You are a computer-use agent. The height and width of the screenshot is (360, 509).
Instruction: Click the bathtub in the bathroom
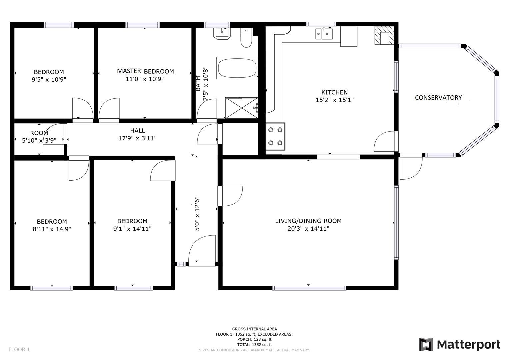tap(237, 68)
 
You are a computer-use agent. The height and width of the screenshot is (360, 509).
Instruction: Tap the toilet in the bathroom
tap(247, 39)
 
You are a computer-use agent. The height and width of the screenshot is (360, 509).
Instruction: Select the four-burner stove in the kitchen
tap(275, 136)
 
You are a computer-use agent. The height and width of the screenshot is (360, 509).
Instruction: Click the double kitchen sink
tap(324, 33)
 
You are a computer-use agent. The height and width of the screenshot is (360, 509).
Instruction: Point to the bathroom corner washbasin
tap(222, 33)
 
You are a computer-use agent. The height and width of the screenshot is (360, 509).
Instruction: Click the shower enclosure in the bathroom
tap(242, 108)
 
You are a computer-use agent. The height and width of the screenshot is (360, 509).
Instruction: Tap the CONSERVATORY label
tap(438, 98)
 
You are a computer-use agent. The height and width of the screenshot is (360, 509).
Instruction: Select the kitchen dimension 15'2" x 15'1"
tap(334, 100)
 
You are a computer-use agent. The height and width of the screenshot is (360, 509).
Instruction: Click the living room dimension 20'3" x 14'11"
tap(308, 229)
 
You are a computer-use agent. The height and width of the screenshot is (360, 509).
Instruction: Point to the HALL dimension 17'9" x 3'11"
tap(137, 138)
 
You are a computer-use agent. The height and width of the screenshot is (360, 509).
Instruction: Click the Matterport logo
tap(460, 344)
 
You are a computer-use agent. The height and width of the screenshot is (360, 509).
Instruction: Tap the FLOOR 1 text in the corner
tap(19, 349)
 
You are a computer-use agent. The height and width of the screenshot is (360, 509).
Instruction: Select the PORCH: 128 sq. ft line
tap(254, 339)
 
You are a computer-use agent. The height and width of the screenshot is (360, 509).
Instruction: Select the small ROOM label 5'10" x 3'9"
tap(39, 137)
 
